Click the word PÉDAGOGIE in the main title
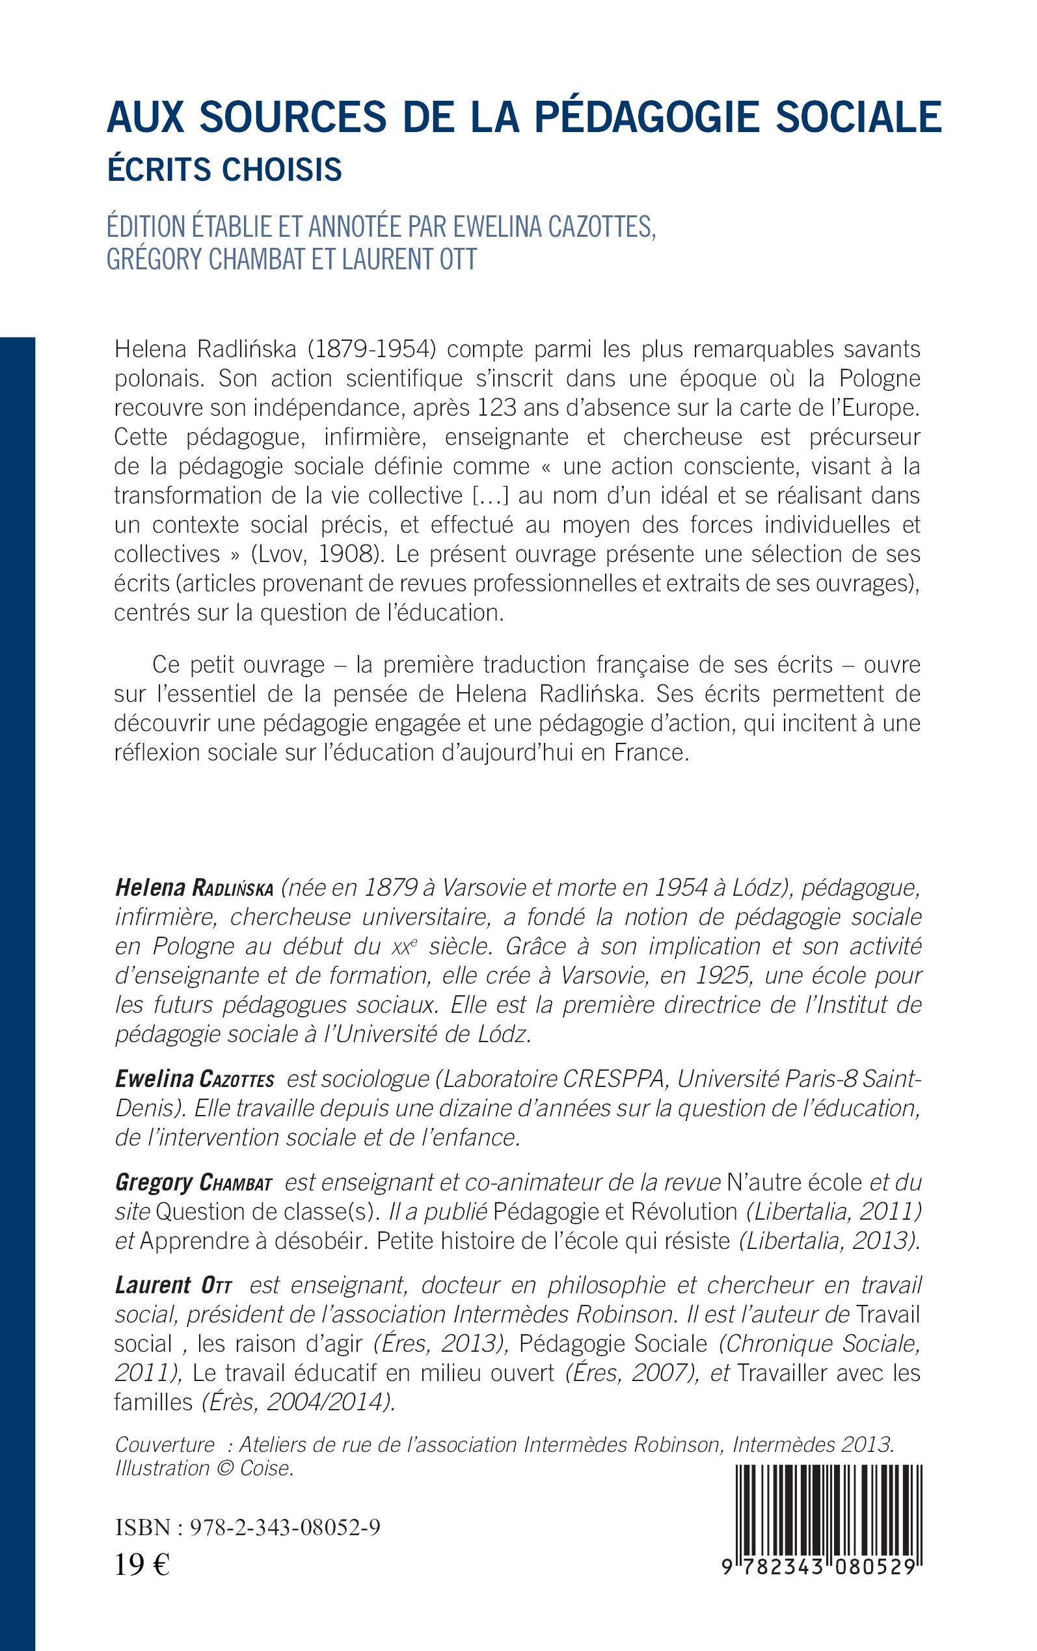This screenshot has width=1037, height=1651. click(x=647, y=117)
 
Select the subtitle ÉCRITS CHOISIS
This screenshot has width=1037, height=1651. click(x=224, y=170)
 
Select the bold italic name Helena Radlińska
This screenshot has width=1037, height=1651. click(x=194, y=888)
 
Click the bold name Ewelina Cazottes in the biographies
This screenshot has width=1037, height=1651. click(x=194, y=1079)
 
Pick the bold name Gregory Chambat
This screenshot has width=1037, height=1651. click(x=193, y=1183)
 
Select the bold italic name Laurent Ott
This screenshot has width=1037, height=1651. click(x=174, y=1285)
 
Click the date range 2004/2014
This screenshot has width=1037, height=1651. click(x=329, y=1402)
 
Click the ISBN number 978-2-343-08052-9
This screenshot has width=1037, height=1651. click(x=283, y=1527)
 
